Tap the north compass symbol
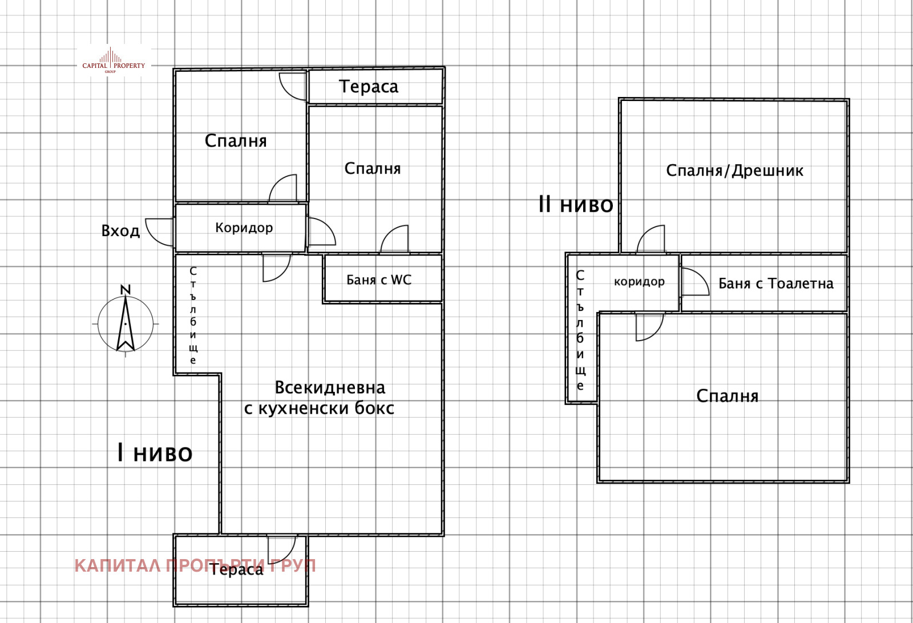pyautogui.click(x=126, y=322)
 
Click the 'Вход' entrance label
pyautogui.click(x=120, y=231)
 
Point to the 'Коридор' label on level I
pyautogui.click(x=244, y=228)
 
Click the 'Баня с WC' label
pyautogui.click(x=379, y=280)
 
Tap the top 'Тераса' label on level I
pyautogui.click(x=369, y=87)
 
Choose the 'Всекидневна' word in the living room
pyautogui.click(x=330, y=388)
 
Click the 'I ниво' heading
pyautogui.click(x=155, y=453)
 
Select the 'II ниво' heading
pyautogui.click(x=576, y=204)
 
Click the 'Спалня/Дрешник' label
pyautogui.click(x=734, y=171)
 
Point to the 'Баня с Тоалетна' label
pyautogui.click(x=775, y=284)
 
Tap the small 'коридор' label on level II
pyautogui.click(x=639, y=282)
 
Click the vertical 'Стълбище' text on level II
pyautogui.click(x=580, y=330)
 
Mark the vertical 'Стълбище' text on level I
pyautogui.click(x=193, y=315)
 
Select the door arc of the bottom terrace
pyautogui.click(x=282, y=549)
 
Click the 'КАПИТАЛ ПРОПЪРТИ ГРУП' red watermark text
pyautogui.click(x=195, y=566)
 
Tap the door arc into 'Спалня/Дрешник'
pyautogui.click(x=651, y=238)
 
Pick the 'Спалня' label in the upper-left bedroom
pyautogui.click(x=236, y=141)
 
